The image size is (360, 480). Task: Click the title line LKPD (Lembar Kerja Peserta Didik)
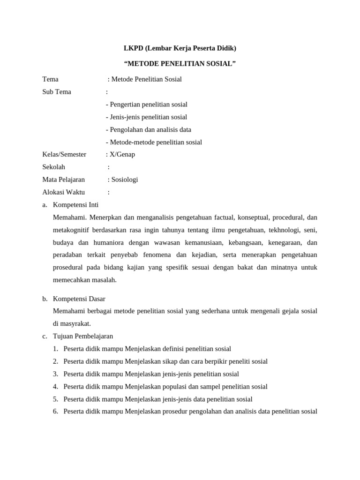point(180,48)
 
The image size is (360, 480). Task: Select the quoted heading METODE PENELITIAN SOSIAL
point(180,64)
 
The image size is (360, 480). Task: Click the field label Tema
point(50,79)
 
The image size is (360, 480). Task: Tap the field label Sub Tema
point(57,92)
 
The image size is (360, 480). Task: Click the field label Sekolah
point(54,167)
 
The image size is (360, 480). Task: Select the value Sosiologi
point(125,180)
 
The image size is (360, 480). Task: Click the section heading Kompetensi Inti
point(76,205)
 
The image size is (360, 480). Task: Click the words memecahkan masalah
point(85,280)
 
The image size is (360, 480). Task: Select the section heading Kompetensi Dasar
point(79,299)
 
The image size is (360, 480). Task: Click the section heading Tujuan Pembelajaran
point(83,336)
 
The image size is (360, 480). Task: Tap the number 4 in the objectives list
point(55,387)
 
